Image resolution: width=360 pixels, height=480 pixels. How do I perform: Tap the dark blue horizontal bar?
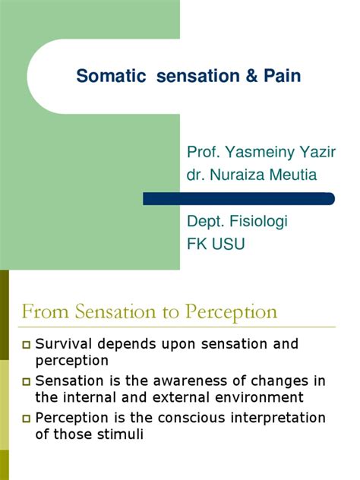(238, 198)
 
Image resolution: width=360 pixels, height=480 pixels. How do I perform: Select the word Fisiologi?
(258, 223)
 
